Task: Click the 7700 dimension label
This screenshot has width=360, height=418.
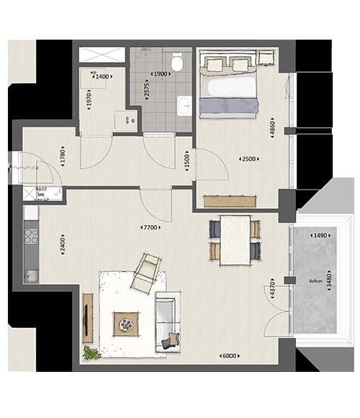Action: tap(150, 228)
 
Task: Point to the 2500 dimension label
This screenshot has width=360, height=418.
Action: tap(247, 159)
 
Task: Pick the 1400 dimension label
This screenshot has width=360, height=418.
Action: tap(104, 76)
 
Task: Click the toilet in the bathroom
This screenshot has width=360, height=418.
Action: tap(177, 63)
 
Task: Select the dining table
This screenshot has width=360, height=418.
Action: tap(235, 240)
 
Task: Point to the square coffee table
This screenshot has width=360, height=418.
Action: tap(127, 324)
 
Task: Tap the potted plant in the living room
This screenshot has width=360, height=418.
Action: tap(91, 353)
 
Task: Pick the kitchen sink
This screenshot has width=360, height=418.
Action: tap(32, 275)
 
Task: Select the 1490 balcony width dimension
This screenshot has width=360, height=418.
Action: tap(317, 236)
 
